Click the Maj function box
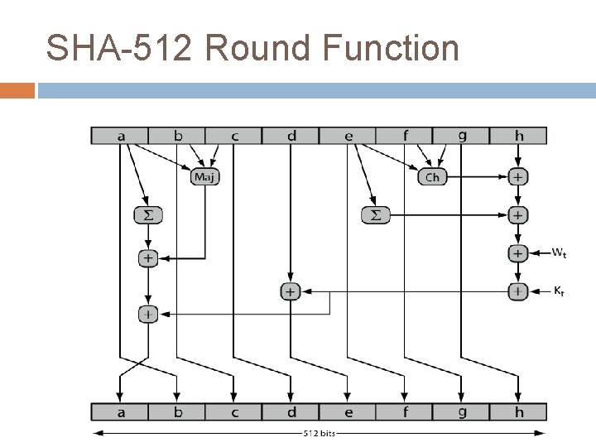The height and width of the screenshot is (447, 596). (204, 176)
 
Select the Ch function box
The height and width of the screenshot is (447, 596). (432, 176)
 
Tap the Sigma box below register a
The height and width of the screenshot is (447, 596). (148, 215)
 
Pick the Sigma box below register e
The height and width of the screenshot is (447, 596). (375, 215)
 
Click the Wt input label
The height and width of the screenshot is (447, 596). (560, 253)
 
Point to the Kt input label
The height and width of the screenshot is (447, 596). (559, 291)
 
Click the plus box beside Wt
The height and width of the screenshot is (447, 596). (518, 253)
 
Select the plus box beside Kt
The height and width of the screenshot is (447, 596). (518, 291)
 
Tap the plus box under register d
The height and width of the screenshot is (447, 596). (290, 291)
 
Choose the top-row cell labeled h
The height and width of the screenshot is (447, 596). (518, 135)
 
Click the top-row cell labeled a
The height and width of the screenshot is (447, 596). (120, 135)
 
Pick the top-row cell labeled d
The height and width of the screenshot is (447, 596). (291, 135)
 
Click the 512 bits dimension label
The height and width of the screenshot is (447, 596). (320, 432)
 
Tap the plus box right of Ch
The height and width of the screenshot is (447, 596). (518, 176)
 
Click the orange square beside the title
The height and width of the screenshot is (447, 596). (17, 89)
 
